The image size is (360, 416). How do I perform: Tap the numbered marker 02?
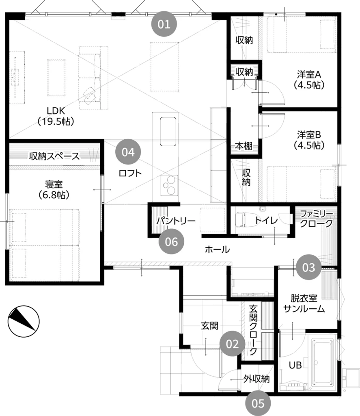(x=232, y=344)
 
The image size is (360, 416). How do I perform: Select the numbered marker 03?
(x=308, y=267)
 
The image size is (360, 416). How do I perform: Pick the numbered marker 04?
(x=128, y=152)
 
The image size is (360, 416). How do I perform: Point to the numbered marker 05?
(x=258, y=403)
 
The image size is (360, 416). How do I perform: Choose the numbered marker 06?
(x=171, y=241)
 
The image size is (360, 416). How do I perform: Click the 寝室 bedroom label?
(x=54, y=190)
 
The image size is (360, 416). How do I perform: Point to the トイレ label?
(x=266, y=221)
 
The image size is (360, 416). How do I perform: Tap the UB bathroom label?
(x=295, y=365)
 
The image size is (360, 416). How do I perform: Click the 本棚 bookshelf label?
(x=244, y=146)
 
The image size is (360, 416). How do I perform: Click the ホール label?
(x=218, y=249)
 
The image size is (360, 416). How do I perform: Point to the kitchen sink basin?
(x=168, y=131)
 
